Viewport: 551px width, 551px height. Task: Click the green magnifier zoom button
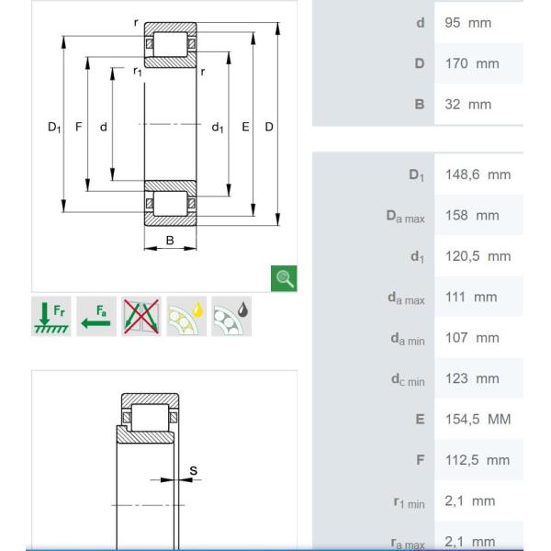pos(284,278)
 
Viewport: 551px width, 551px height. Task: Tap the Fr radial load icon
pos(51,316)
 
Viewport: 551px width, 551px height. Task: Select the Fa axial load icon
pos(96,316)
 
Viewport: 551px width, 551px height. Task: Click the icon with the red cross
pos(141,316)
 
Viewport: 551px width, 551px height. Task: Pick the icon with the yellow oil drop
pos(186,316)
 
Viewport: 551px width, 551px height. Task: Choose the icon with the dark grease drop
pos(231,316)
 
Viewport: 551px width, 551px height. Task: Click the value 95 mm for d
pos(467,23)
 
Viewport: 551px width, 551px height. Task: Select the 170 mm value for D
pos(472,64)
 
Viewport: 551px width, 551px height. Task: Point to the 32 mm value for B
pos(467,105)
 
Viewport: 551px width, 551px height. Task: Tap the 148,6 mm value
pos(478,175)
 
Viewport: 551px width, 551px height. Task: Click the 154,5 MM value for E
pos(478,420)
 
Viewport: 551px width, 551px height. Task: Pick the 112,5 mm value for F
pos(478,460)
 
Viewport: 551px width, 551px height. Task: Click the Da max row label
pos(405,216)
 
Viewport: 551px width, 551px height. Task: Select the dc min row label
pos(408,379)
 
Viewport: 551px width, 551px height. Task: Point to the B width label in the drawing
pos(170,241)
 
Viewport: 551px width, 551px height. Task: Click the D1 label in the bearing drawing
pos(54,127)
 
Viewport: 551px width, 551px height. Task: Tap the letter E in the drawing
pos(245,127)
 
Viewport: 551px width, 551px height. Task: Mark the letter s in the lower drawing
pos(193,470)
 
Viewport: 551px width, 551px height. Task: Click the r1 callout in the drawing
pos(138,72)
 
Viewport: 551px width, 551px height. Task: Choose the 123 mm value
pos(472,378)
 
